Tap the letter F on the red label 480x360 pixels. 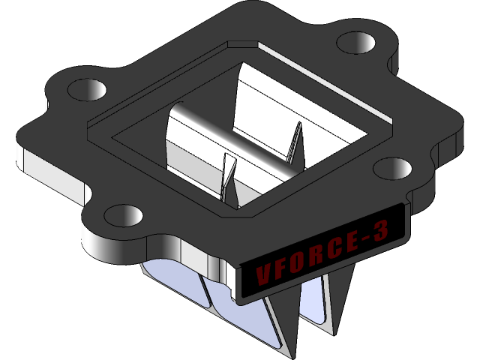tap(281, 266)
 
